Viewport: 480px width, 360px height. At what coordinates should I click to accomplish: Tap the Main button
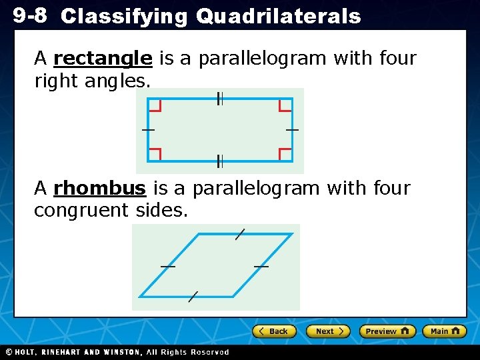click(x=445, y=331)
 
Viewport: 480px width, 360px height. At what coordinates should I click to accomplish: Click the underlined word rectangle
click(x=103, y=59)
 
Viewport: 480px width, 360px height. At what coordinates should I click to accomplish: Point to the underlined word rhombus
click(x=99, y=189)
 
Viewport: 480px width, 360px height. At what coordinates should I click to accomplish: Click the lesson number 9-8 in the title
click(x=31, y=15)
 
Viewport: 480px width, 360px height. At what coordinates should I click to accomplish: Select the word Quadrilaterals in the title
click(x=278, y=17)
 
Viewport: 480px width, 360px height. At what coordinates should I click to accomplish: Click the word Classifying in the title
click(x=124, y=17)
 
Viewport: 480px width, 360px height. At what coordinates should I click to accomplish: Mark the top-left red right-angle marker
click(x=155, y=105)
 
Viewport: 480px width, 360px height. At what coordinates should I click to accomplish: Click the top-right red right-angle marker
click(x=285, y=105)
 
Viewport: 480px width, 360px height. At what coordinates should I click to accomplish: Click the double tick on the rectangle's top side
click(x=219, y=99)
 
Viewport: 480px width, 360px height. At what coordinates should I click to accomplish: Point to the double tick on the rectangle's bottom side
click(x=219, y=161)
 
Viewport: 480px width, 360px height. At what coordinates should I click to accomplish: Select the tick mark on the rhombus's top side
click(x=240, y=234)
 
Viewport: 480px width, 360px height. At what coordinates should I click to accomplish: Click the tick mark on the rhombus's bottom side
click(x=193, y=297)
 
